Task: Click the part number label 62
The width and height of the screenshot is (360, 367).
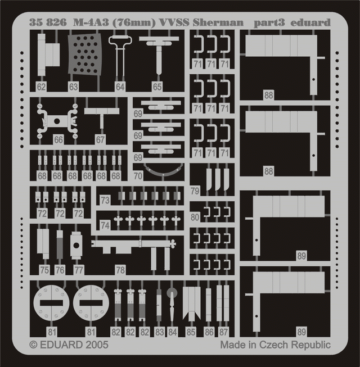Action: point(41,87)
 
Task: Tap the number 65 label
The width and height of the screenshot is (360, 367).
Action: point(157,87)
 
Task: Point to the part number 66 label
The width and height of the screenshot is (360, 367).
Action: point(58,140)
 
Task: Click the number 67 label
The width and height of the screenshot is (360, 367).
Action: point(100,140)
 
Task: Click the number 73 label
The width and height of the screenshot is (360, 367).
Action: point(105,200)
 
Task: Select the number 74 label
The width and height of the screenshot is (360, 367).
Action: point(105,225)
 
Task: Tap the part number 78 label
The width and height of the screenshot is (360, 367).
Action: point(120,270)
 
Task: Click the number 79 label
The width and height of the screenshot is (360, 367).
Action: point(195,191)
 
